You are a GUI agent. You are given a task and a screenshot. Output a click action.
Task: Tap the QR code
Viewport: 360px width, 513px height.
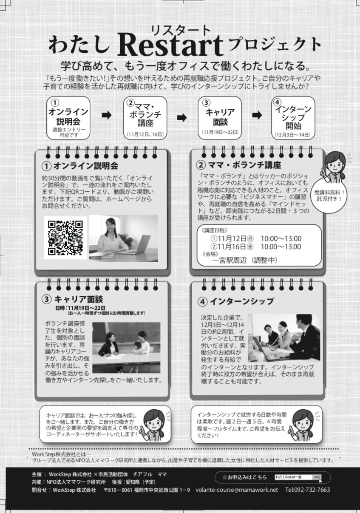[65, 238]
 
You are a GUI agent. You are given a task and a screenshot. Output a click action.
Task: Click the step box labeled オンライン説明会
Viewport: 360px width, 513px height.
[68, 118]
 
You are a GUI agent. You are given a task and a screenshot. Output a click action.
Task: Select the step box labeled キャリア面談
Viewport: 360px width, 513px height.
[220, 118]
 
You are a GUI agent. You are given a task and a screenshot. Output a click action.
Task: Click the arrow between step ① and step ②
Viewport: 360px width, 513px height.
[107, 115]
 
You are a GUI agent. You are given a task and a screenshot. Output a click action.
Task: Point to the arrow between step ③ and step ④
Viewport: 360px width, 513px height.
[257, 115]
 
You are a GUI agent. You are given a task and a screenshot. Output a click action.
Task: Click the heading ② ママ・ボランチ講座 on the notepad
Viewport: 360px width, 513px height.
[238, 164]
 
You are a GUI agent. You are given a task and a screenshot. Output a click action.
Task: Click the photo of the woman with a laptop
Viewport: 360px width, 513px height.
[123, 238]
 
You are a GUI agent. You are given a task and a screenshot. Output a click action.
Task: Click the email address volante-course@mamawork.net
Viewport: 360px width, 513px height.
[237, 490]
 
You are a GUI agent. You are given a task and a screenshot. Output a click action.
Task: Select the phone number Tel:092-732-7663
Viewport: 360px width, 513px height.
[308, 490]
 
